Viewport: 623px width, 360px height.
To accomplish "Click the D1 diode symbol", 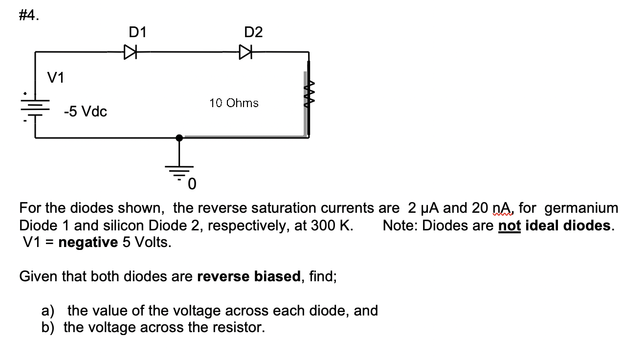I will pos(130,51).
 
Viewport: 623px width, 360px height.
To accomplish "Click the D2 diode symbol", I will pos(246,51).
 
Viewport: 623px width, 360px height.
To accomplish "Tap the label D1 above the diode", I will pos(137,32).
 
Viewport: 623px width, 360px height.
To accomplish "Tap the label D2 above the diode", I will pos(253,32).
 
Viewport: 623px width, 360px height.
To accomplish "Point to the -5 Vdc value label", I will pos(86,112).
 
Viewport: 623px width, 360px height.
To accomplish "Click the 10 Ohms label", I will pos(234,103).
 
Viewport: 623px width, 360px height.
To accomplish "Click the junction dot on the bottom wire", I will pos(179,138).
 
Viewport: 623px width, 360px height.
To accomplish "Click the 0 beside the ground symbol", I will pos(192,184).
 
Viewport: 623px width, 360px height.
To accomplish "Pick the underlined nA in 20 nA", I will pos(499,208).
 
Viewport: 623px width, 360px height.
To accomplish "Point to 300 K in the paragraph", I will pos(329,225).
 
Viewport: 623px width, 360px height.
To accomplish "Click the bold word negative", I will pos(88,242).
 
